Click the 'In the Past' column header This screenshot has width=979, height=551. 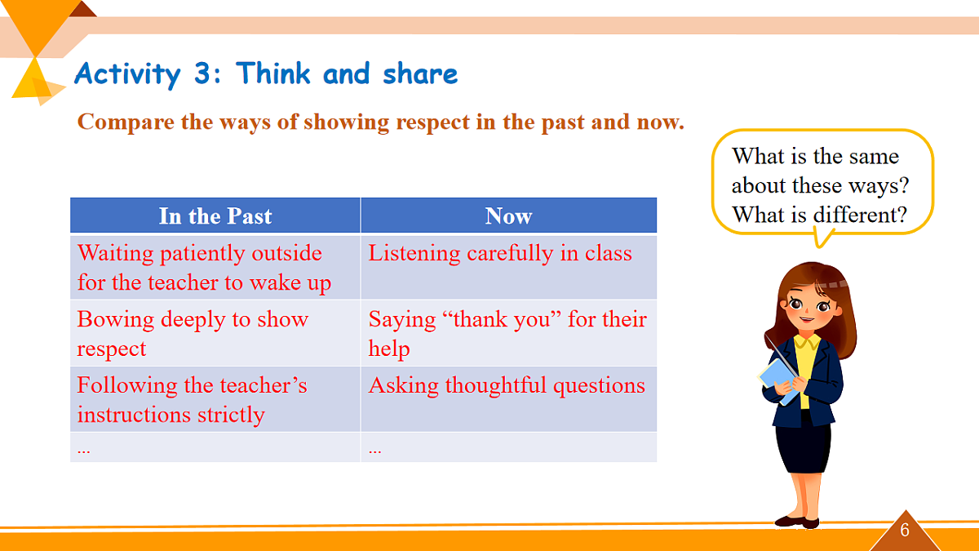coord(215,216)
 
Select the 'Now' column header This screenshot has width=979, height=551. coord(509,216)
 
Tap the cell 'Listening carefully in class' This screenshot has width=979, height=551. coord(509,267)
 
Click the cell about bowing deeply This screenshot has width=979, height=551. coord(215,333)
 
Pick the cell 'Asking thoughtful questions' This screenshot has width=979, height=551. coord(509,399)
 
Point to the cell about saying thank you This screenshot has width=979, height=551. coord(509,333)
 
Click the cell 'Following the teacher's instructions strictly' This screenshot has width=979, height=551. coord(215,399)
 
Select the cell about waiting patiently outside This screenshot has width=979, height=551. coord(215,267)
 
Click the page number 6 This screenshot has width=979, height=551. coord(905,530)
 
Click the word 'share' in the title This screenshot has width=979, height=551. coord(420,73)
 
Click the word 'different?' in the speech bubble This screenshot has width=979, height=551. coord(860,215)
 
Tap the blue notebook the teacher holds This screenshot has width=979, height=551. coord(779,381)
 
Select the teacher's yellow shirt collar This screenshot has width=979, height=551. coord(807,342)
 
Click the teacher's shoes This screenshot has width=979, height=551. coord(797,522)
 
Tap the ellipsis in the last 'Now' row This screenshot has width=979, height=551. coord(374,450)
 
